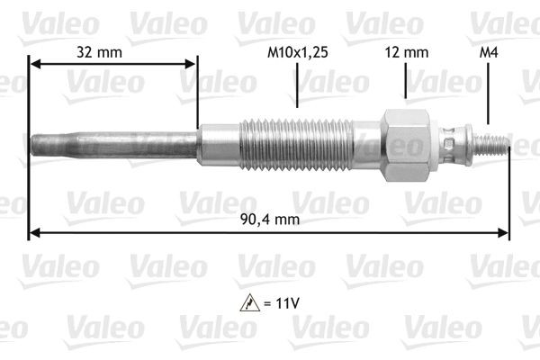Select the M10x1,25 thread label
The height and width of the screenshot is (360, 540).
pyautogui.click(x=298, y=52)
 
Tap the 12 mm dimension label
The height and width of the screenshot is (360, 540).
pyautogui.click(x=408, y=52)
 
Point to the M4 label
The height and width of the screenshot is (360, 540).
pyautogui.click(x=487, y=52)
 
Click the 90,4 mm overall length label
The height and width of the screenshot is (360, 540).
pyautogui.click(x=270, y=218)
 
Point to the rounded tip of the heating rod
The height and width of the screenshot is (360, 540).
pyautogui.click(x=35, y=144)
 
